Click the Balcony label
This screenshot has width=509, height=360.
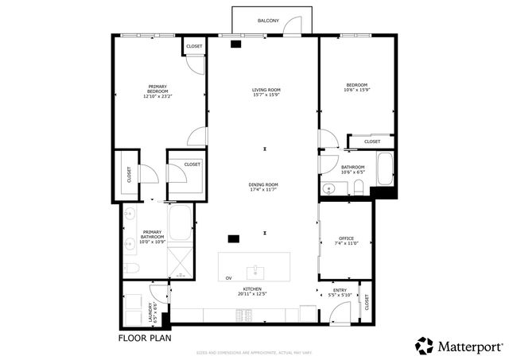tap(268, 21)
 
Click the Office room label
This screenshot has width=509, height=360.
tap(346, 241)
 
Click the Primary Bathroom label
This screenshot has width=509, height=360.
tap(152, 235)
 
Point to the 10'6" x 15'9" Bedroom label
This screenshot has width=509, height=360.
tap(357, 87)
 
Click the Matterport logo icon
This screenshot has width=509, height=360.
tap(423, 346)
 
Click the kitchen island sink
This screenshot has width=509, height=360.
tap(255, 269)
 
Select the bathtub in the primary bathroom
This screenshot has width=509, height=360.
tap(181, 224)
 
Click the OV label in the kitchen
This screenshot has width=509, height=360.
tap(228, 278)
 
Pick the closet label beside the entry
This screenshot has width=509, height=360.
tap(366, 302)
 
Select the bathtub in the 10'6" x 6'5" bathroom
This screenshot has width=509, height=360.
tap(386, 167)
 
